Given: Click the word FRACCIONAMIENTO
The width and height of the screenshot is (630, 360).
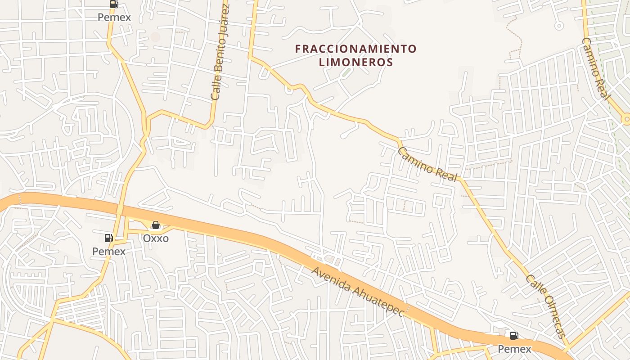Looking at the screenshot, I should click(356, 49).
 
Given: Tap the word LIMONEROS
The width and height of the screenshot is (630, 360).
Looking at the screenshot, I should click(356, 62).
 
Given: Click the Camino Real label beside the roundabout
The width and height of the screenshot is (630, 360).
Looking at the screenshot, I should click(596, 69).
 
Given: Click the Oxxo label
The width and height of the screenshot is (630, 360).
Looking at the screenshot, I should click(156, 238).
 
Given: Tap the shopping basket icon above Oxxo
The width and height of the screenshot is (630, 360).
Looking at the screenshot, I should click(156, 225).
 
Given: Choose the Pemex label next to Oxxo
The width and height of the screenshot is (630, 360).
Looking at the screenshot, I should click(109, 251).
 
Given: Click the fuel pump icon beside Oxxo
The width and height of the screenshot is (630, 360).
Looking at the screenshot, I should click(109, 238).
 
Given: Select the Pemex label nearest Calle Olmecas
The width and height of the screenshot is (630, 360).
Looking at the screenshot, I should click(514, 349).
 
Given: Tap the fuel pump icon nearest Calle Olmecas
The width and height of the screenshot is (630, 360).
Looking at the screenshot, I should click(514, 335).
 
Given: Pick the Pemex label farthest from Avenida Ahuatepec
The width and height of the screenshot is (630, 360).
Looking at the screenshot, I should click(115, 17).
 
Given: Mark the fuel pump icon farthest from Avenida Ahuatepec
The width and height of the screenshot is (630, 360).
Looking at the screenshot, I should click(114, 4).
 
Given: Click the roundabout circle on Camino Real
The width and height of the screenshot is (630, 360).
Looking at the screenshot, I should click(626, 119).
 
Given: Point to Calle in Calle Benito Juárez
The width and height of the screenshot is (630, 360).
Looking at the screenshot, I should click(215, 89).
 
